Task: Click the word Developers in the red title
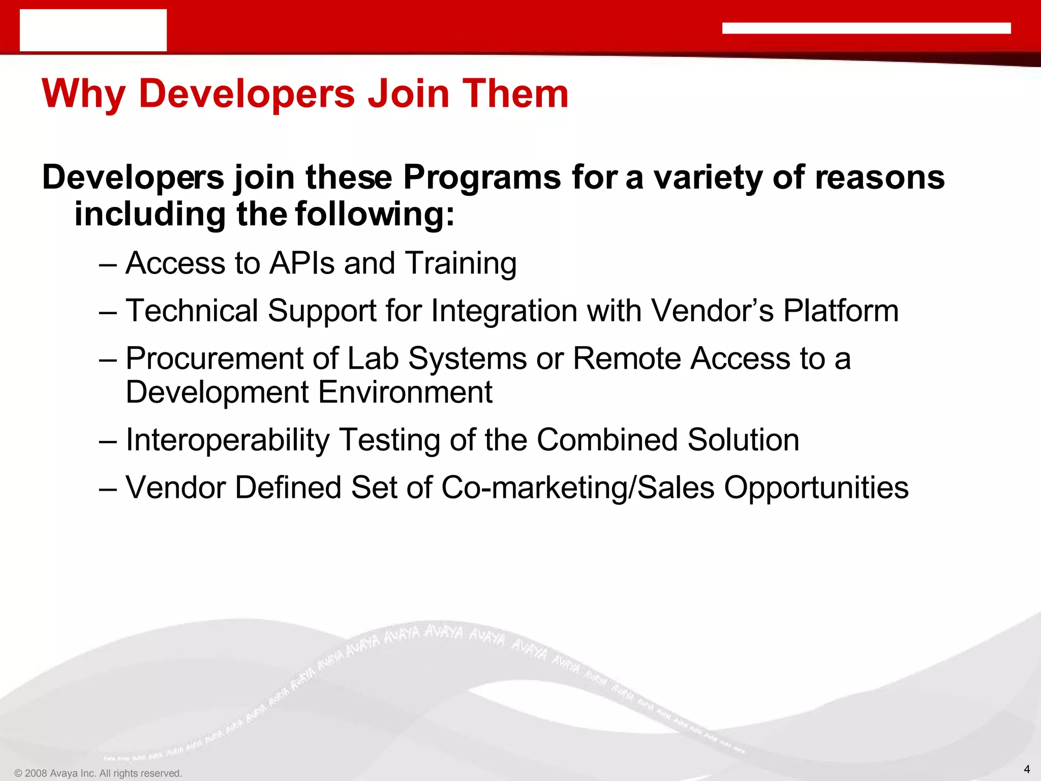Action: coord(247,94)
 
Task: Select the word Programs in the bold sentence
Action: coord(482,178)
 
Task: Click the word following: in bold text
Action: coord(375,214)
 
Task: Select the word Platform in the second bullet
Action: coord(841,311)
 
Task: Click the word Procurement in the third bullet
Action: coord(214,358)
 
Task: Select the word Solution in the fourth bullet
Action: coord(743,440)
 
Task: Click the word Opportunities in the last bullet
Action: coord(816,488)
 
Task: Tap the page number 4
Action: coord(1026,769)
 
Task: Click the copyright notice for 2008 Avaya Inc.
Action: coord(98,773)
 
